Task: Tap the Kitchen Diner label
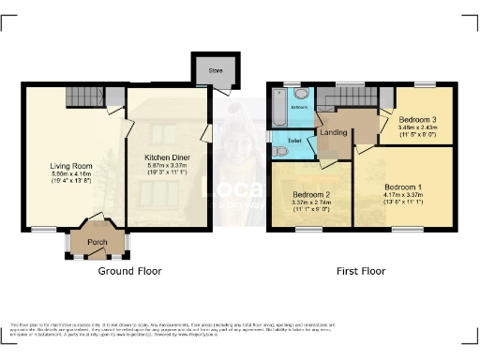click(168, 157)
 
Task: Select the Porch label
click(97, 243)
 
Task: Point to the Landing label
click(333, 132)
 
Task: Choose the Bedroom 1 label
click(403, 187)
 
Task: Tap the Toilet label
click(294, 141)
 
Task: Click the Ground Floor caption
click(130, 271)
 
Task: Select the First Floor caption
click(361, 271)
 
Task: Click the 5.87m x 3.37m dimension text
click(168, 166)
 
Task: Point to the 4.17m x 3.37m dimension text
click(403, 195)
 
